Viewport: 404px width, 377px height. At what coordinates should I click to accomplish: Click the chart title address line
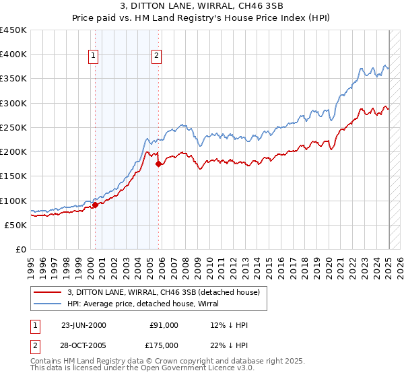click(202, 7)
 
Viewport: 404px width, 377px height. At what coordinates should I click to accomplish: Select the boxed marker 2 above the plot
click(156, 56)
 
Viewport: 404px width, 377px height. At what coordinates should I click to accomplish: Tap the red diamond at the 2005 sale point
click(158, 164)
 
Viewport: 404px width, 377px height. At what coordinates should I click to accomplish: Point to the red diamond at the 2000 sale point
click(95, 205)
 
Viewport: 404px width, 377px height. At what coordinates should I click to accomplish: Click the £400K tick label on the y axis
click(13, 55)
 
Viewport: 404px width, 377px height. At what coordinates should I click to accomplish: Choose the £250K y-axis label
click(13, 127)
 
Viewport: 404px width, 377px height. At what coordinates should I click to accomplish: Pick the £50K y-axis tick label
click(16, 225)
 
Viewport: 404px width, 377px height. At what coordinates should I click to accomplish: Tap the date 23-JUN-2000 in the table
click(83, 325)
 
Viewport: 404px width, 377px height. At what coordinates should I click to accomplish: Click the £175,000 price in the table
click(164, 345)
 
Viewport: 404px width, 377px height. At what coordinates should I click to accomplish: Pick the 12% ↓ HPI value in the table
click(230, 325)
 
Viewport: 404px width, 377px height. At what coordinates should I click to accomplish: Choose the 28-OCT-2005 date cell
click(83, 345)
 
